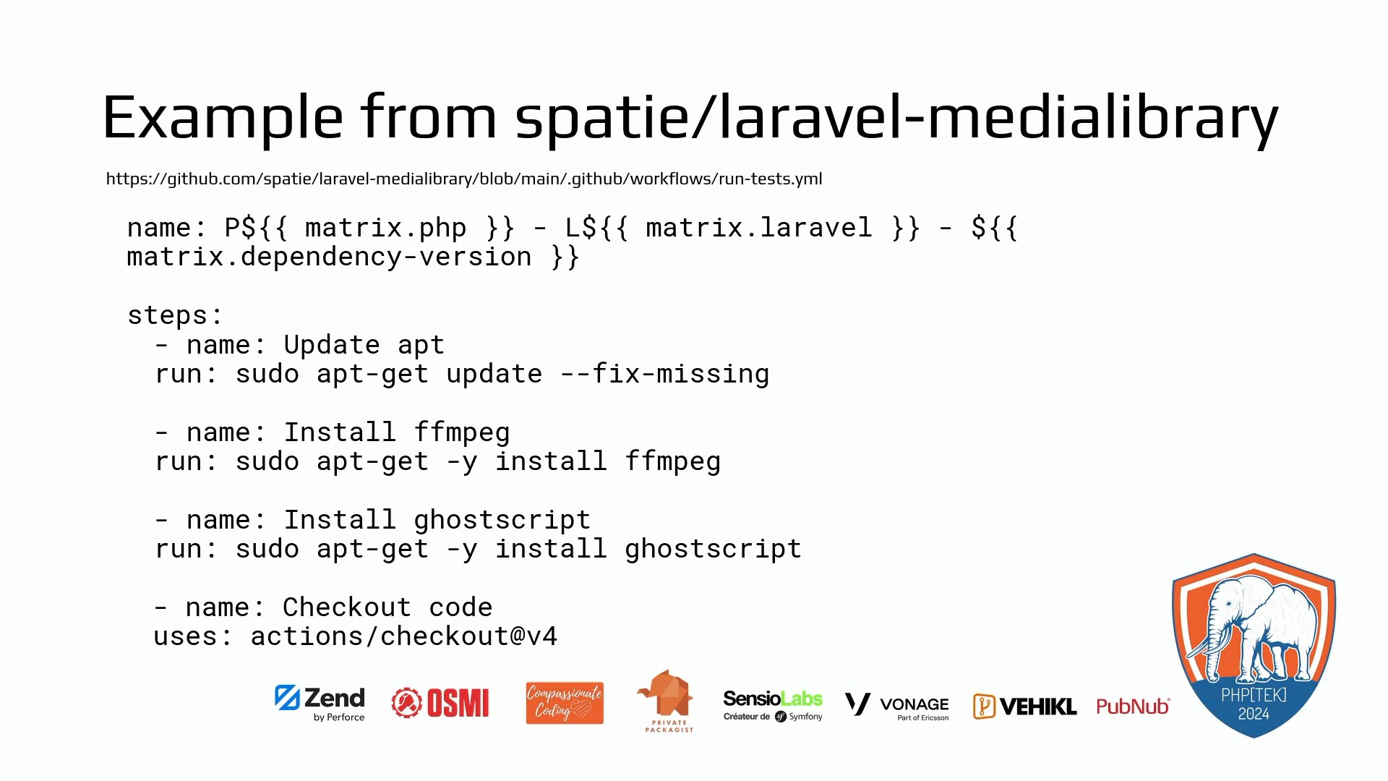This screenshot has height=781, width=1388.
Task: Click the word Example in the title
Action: pyautogui.click(x=223, y=118)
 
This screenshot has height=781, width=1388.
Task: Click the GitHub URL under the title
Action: pyautogui.click(x=464, y=179)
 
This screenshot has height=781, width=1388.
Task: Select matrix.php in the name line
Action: pyautogui.click(x=385, y=228)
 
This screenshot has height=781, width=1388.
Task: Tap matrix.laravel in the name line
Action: pyautogui.click(x=759, y=228)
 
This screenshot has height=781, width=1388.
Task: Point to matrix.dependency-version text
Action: pyautogui.click(x=329, y=257)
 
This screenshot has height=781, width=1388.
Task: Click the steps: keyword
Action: pyautogui.click(x=175, y=315)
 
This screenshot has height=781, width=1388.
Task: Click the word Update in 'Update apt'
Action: pyautogui.click(x=332, y=345)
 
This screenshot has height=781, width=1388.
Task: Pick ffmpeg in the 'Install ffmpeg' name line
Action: pyautogui.click(x=462, y=432)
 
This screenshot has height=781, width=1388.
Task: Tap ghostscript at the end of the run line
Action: pyautogui.click(x=714, y=549)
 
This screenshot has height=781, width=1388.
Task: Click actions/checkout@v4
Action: pyautogui.click(x=404, y=636)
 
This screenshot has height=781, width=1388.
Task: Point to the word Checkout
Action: pyautogui.click(x=347, y=607)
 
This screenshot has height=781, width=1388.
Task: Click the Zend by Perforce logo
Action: pyautogui.click(x=320, y=703)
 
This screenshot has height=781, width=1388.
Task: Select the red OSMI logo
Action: pyautogui.click(x=440, y=703)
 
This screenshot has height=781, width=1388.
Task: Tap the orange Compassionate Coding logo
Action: pyautogui.click(x=565, y=703)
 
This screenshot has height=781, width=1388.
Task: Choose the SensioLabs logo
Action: pyautogui.click(x=773, y=705)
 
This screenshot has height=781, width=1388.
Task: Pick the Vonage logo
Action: pyautogui.click(x=897, y=706)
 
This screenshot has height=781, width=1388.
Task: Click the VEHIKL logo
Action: pyautogui.click(x=1024, y=707)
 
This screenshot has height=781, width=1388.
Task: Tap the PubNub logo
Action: pyautogui.click(x=1133, y=707)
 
